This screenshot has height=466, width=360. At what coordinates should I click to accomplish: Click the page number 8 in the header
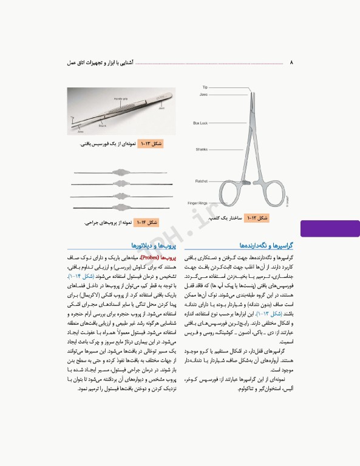[292, 62]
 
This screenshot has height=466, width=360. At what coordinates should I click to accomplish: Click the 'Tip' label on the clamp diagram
[205, 87]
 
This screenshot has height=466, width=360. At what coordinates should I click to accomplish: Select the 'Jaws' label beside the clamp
[203, 95]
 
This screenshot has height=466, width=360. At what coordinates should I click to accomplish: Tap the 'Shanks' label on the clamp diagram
[202, 149]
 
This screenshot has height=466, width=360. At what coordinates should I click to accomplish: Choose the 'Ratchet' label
[202, 181]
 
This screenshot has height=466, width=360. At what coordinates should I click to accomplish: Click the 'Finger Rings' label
[198, 201]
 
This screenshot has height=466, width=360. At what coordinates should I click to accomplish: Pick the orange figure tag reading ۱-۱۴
[146, 223]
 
